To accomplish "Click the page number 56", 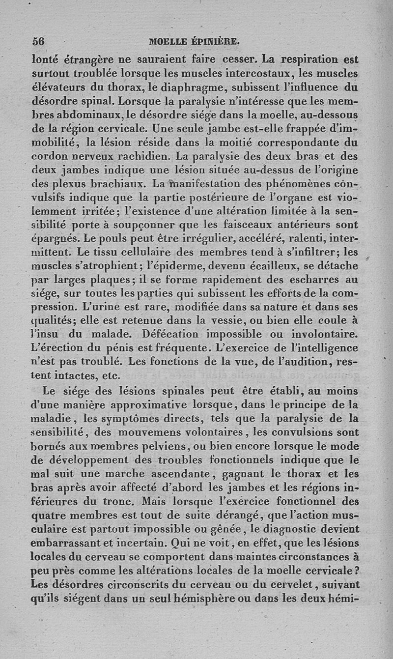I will click(x=38, y=42).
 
